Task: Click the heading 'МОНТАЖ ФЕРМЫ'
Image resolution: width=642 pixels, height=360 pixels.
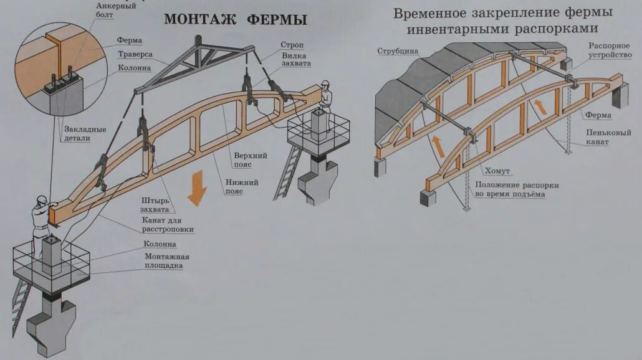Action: (x=236, y=20)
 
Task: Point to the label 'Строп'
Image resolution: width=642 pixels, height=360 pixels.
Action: (x=292, y=45)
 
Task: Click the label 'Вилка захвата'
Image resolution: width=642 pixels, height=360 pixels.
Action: (x=295, y=59)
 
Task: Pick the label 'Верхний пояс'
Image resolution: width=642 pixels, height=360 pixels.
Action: (x=251, y=159)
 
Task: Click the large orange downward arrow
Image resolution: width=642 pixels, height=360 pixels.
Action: (x=198, y=187)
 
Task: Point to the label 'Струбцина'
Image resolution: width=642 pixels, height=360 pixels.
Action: (x=398, y=51)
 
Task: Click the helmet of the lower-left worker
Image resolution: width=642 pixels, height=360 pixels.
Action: (x=42, y=199)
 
